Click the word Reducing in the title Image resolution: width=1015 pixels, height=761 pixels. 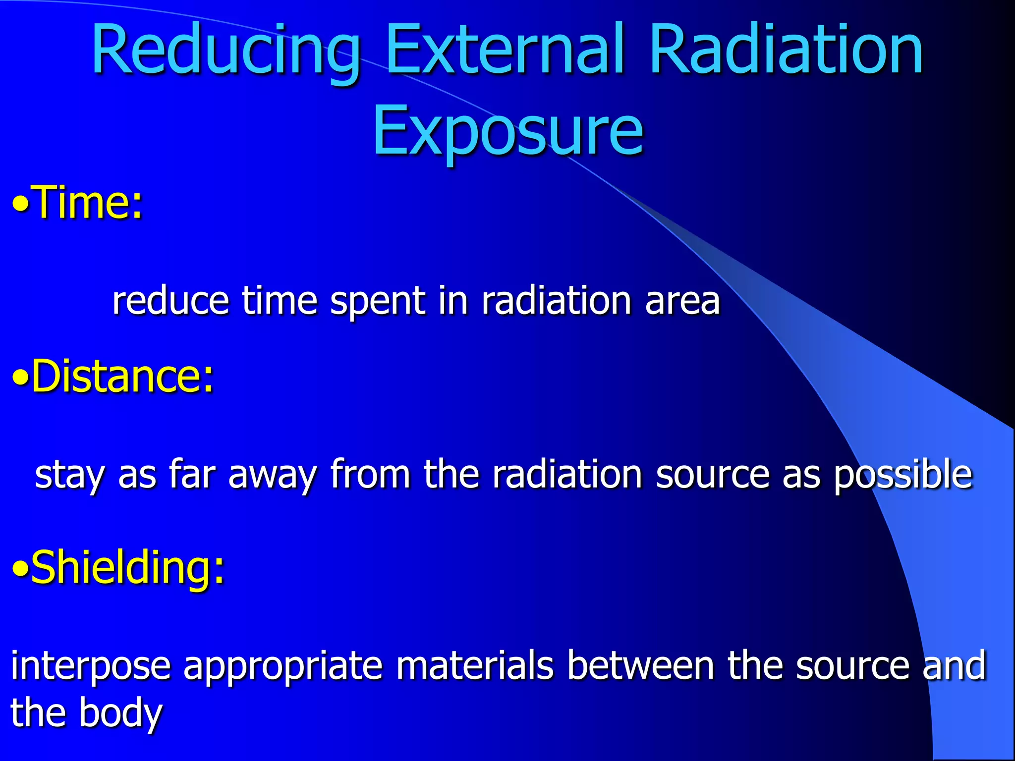[226, 52]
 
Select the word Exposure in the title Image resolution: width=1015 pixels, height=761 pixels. [507, 131]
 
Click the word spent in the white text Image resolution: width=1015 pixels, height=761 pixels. [377, 301]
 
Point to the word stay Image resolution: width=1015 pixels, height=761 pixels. [69, 475]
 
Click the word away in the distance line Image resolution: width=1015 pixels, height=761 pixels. [272, 475]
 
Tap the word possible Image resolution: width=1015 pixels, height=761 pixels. [902, 475]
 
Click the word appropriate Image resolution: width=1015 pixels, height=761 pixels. [283, 666]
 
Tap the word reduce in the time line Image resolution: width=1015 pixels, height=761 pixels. [170, 301]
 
